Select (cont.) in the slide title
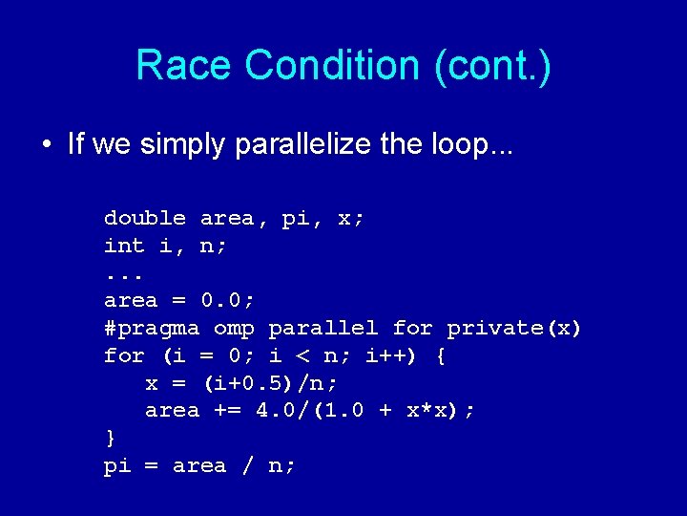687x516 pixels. pos(492,66)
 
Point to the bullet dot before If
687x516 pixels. pos(47,145)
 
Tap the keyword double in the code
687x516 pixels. pos(145,219)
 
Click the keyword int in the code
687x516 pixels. pos(124,246)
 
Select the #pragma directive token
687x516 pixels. pos(152,329)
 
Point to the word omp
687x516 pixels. pos(234,329)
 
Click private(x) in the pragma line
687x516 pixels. pos(514,329)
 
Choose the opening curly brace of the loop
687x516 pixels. pos(440,356)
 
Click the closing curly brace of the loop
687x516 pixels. pos(111,439)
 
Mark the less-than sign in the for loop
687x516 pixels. pos(302,356)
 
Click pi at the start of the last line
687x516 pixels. pos(117,466)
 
